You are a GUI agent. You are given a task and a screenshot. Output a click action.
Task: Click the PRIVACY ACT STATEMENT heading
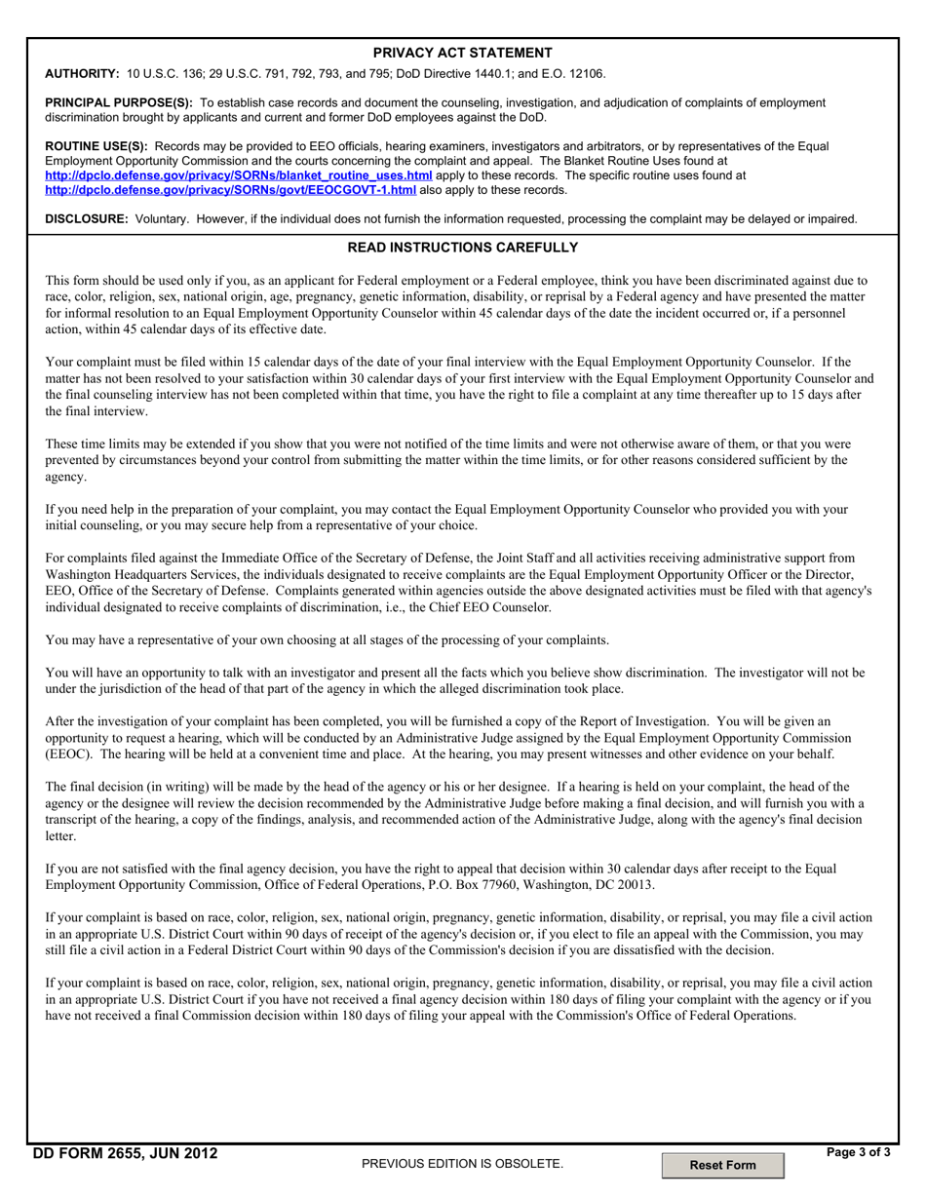(x=462, y=53)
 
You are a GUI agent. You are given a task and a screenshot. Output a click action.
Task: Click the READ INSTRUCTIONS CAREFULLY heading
(x=462, y=248)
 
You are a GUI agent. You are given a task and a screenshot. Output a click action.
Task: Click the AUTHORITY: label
(x=83, y=73)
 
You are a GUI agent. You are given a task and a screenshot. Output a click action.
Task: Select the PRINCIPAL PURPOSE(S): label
(x=119, y=102)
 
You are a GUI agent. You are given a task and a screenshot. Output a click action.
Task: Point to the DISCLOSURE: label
(x=87, y=219)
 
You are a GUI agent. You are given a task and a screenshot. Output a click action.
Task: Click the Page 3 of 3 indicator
(x=858, y=1152)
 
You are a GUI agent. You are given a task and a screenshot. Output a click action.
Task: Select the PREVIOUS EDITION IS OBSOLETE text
(x=462, y=1164)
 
